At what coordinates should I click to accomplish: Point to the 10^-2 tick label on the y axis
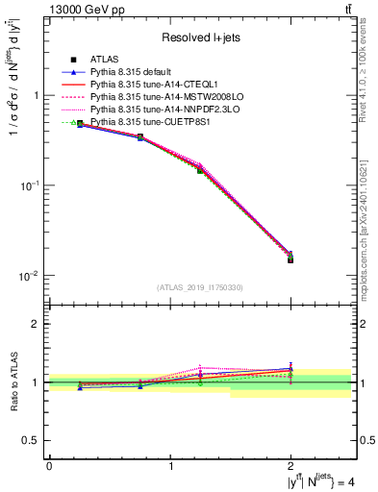[x=30, y=276]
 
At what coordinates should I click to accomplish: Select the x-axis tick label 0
[x=49, y=466]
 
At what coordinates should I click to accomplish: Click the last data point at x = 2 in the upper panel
[x=290, y=258]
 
